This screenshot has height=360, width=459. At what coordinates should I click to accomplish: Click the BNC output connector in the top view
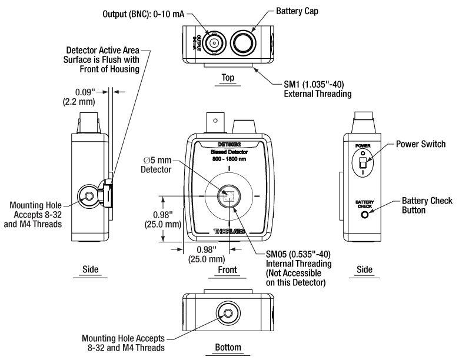(214, 44)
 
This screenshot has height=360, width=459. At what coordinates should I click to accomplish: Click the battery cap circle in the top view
(242, 44)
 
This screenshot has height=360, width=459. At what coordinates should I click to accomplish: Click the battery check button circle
(365, 215)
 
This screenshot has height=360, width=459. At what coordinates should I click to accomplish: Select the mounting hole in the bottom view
(228, 314)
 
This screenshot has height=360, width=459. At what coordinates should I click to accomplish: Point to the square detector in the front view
(229, 196)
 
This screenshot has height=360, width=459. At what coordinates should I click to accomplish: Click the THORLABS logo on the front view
(229, 232)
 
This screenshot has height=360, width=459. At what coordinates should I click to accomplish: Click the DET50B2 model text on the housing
(229, 145)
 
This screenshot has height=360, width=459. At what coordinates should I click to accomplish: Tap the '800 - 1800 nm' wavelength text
(229, 159)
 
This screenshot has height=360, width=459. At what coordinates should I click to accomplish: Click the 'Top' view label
(228, 78)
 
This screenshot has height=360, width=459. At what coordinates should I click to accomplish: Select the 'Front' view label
(228, 269)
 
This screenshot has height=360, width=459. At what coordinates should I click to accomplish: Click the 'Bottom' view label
(228, 347)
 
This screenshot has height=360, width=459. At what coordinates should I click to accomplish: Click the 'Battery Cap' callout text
(297, 11)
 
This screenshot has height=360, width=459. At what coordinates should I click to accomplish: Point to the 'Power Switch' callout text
(421, 144)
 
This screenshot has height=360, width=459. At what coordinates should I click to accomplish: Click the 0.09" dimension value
(85, 92)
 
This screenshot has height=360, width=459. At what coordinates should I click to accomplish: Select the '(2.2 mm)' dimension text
(79, 102)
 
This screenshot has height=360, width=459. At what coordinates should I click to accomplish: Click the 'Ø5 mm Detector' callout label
(157, 165)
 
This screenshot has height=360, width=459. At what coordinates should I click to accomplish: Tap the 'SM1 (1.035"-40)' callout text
(314, 84)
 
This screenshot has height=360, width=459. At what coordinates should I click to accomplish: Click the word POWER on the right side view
(363, 146)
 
